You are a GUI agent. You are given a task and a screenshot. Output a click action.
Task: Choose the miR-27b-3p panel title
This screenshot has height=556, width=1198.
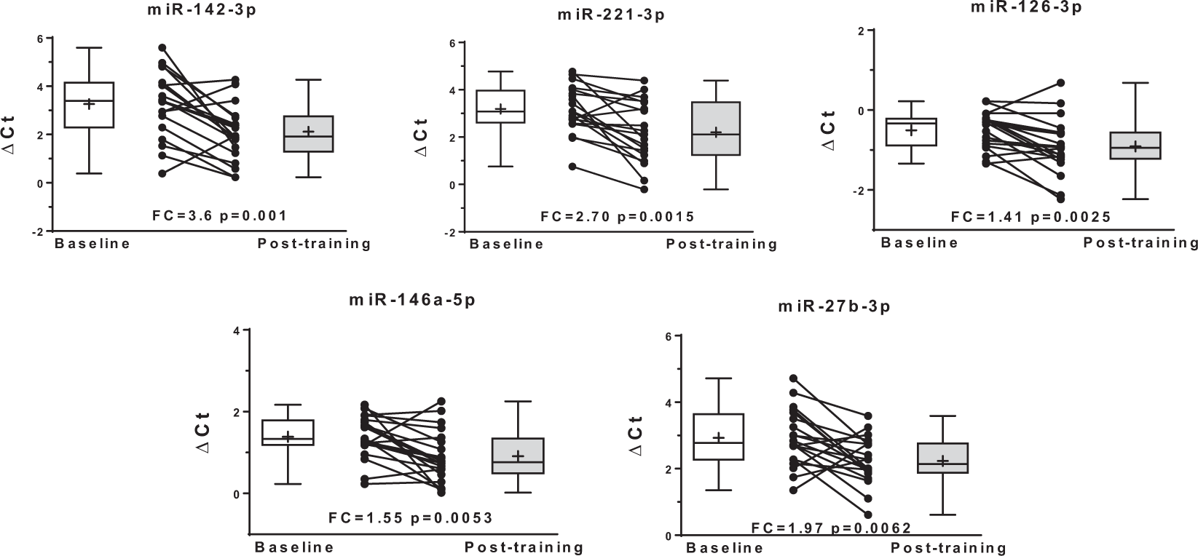click(x=834, y=306)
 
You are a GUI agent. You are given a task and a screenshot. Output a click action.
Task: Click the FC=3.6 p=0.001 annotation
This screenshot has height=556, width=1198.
click(x=218, y=215)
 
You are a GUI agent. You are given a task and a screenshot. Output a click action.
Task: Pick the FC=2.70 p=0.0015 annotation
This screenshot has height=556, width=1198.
click(x=618, y=216)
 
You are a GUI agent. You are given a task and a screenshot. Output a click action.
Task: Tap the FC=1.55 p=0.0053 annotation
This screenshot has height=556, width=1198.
click(x=411, y=518)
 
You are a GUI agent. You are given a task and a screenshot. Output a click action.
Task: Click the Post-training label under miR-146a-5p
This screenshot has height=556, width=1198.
click(x=524, y=547)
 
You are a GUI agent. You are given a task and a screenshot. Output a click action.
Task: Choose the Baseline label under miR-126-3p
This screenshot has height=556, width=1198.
click(x=920, y=242)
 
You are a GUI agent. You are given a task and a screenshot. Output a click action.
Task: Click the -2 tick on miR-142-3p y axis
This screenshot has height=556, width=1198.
click(x=39, y=232)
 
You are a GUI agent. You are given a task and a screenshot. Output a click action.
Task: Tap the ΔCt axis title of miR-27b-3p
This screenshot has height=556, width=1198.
click(x=635, y=436)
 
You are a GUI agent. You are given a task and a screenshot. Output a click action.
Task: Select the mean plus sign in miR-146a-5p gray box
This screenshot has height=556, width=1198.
click(x=518, y=456)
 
